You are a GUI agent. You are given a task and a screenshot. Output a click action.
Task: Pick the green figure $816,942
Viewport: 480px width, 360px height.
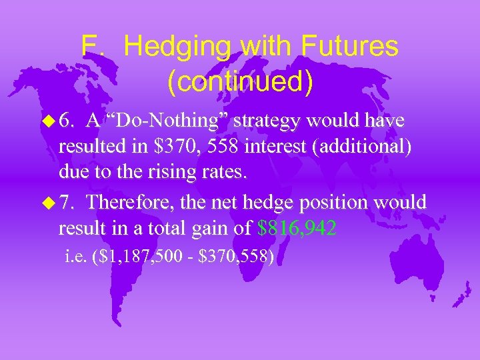(x=297, y=228)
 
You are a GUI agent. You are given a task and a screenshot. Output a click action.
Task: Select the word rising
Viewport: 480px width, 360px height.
(x=173, y=173)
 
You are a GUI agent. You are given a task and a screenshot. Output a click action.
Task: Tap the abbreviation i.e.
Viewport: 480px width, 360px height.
(x=74, y=256)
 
